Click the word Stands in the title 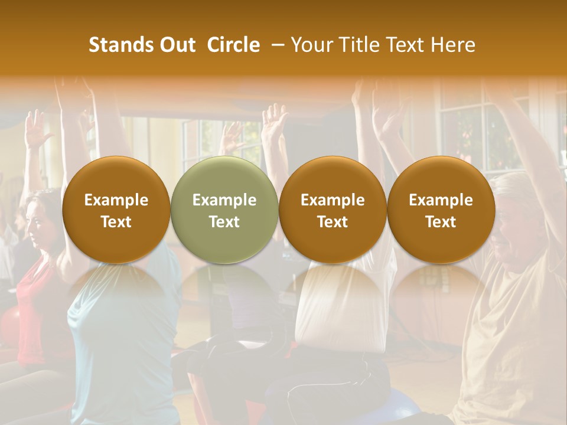pyautogui.click(x=120, y=45)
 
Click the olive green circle pyautogui.click(x=224, y=210)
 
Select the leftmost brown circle pyautogui.click(x=116, y=210)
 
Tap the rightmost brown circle pyautogui.click(x=441, y=210)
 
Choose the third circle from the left pyautogui.click(x=333, y=210)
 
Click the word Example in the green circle pyautogui.click(x=224, y=200)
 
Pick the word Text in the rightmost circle pyautogui.click(x=441, y=222)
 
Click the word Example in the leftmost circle pyautogui.click(x=116, y=200)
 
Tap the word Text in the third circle pyautogui.click(x=333, y=222)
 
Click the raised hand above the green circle pyautogui.click(x=232, y=139)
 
